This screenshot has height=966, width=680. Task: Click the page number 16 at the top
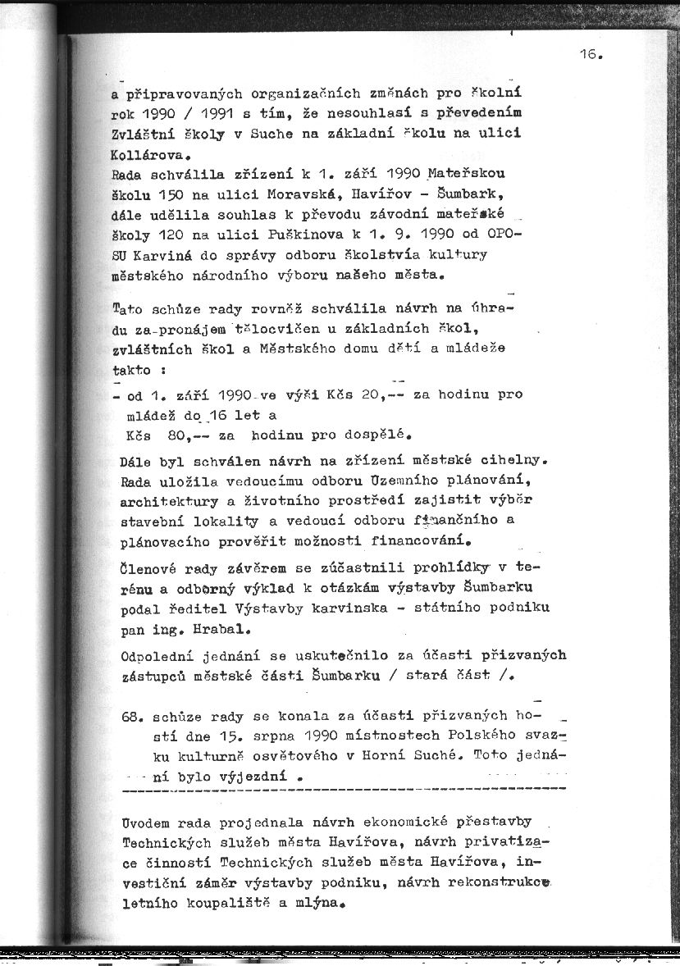tap(587, 55)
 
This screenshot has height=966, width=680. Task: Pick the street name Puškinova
tap(272, 235)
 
